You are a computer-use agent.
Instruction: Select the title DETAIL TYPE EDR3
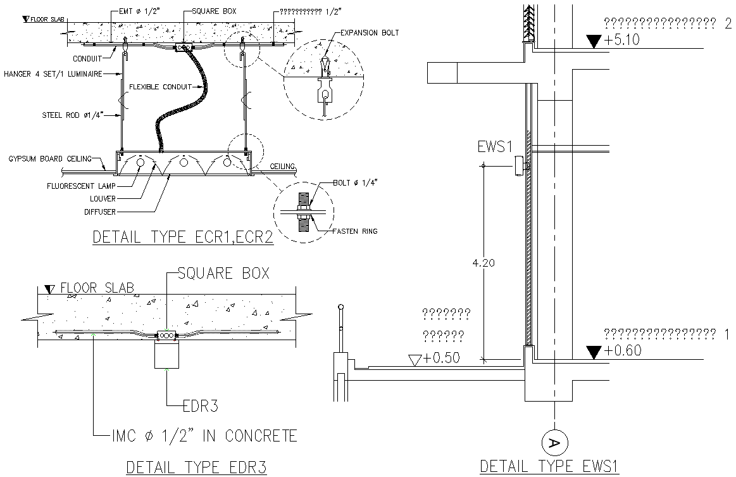[x=197, y=467]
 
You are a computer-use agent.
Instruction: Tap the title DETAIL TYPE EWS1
[x=548, y=466]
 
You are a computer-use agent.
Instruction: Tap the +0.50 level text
[x=442, y=358]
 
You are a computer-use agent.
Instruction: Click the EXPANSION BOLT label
[x=369, y=33]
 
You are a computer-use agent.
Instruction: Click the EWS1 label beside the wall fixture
[x=494, y=146]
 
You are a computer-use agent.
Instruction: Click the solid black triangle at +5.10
[x=593, y=41]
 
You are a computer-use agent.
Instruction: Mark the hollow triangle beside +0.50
[x=416, y=360]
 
